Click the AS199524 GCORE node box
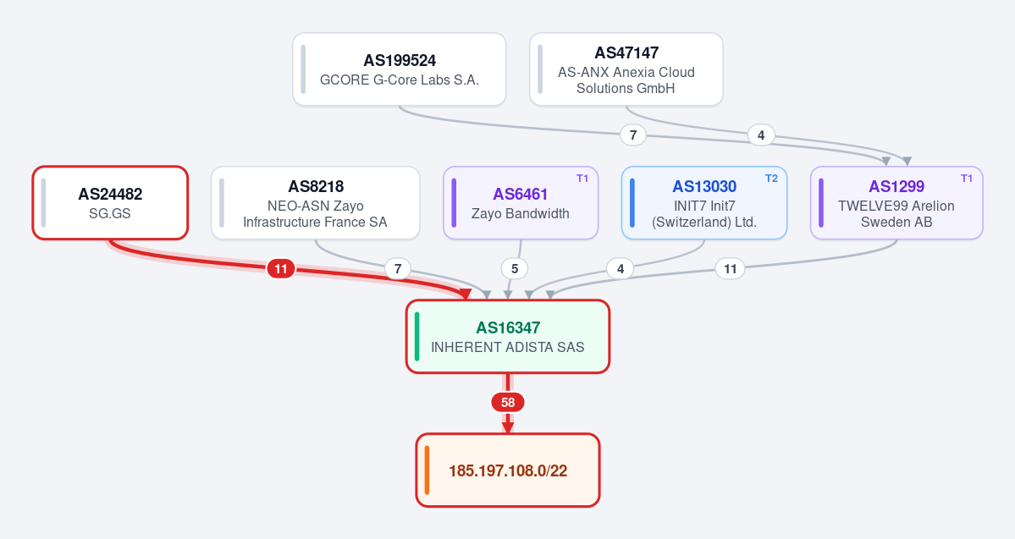click(x=400, y=69)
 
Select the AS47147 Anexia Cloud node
click(x=626, y=69)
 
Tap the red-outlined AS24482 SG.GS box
click(x=110, y=202)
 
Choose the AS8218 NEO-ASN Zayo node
click(x=315, y=202)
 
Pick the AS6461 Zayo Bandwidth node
click(x=521, y=202)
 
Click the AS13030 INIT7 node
click(x=704, y=202)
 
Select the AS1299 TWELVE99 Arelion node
click(x=896, y=202)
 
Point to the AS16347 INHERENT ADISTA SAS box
click(x=508, y=337)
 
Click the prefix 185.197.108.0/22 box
click(x=508, y=470)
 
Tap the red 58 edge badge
click(x=508, y=403)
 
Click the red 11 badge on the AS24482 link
click(x=281, y=268)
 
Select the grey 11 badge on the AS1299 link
click(x=731, y=268)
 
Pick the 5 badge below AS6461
click(x=515, y=268)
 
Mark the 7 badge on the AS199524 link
click(x=633, y=135)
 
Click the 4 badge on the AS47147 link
click(x=761, y=135)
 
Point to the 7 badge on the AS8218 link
click(x=398, y=268)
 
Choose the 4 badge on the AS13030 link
click(x=621, y=268)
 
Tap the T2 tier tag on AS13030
click(x=771, y=179)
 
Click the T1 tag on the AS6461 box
click(x=582, y=179)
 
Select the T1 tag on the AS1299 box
click(x=967, y=179)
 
